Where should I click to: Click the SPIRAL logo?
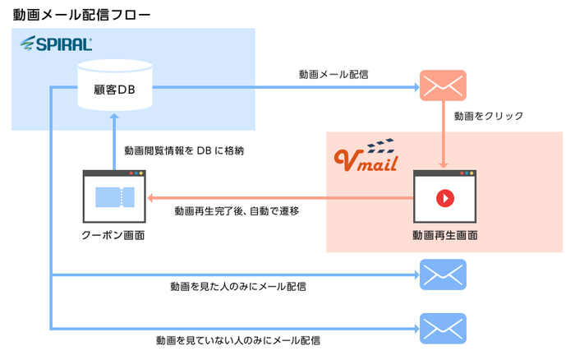coord(56,43)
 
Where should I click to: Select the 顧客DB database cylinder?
coord(115,84)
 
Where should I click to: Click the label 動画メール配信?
coord(333,74)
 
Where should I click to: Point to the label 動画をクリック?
coord(489,116)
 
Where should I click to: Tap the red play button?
coord(444,198)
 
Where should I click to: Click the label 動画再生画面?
coord(444,234)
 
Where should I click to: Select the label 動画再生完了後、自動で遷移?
coord(237,211)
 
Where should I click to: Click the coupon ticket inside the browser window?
coord(114,198)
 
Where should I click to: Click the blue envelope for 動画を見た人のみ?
coord(443,275)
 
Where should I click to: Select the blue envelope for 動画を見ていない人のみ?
coord(443,328)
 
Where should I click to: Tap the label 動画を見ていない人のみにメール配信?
coord(238,339)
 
